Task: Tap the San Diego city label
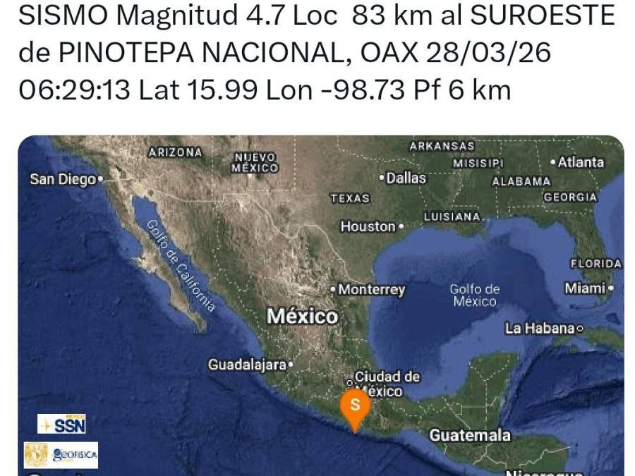(63, 180)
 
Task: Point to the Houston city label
(368, 226)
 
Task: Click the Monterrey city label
(371, 290)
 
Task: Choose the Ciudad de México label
(387, 384)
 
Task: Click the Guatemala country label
(470, 435)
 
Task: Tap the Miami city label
(585, 288)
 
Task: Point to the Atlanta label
(581, 162)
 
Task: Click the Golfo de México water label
(475, 295)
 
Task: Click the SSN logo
(61, 424)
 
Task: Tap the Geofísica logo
(61, 455)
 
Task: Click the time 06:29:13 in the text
(74, 90)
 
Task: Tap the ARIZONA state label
(175, 152)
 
